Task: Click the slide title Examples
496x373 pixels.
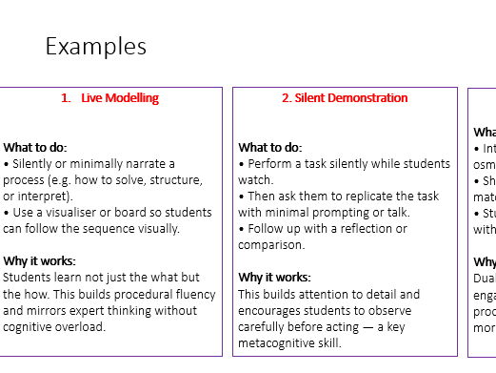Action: coord(95,46)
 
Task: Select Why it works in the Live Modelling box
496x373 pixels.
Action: coord(39,260)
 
